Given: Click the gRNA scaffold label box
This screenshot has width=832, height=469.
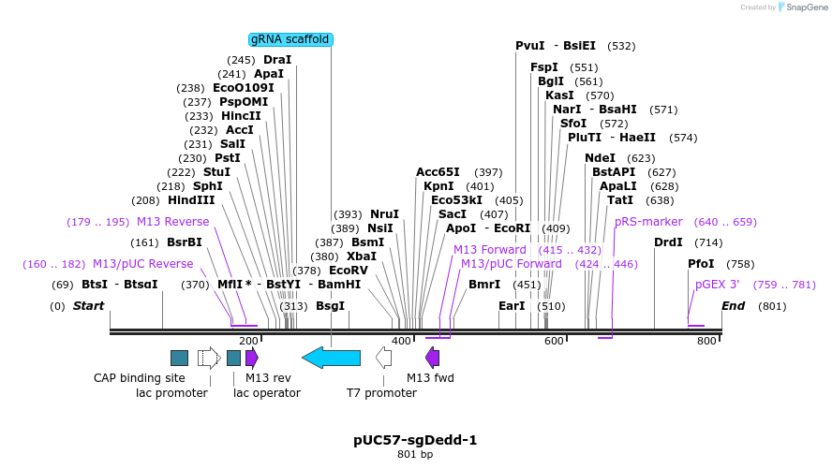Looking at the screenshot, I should [290, 39].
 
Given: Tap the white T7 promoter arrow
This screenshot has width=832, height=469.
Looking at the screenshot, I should [383, 357].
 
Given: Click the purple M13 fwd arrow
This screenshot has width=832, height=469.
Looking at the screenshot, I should [432, 357].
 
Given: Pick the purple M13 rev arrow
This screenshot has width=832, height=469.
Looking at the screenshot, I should [251, 357].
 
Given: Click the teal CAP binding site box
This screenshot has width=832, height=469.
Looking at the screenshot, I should [179, 357].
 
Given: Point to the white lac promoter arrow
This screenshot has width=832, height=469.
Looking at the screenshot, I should [208, 357].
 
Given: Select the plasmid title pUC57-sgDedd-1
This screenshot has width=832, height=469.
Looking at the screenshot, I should [415, 439].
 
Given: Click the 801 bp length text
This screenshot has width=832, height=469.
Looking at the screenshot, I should [415, 455].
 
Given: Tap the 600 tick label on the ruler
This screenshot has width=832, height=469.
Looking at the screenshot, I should [554, 341].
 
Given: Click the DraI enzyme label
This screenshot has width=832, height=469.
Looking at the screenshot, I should [277, 60].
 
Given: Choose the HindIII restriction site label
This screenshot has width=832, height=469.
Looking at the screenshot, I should [191, 200].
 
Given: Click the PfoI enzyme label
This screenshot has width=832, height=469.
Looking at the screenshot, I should [701, 264].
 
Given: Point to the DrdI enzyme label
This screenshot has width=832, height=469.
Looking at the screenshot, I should [668, 242].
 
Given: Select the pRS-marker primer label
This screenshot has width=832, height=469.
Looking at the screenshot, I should [646, 222].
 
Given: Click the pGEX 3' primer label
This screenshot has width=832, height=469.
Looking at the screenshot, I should [717, 285].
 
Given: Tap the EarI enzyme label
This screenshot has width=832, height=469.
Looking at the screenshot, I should [512, 306].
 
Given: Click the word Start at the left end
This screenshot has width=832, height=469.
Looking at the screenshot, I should [89, 306].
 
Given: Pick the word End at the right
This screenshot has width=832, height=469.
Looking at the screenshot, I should [733, 306].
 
